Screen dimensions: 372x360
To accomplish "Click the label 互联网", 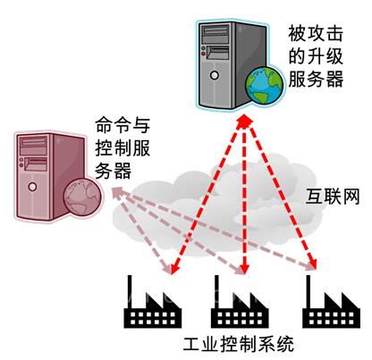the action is click(333, 197).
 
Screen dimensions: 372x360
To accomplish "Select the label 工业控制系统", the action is click(238, 344).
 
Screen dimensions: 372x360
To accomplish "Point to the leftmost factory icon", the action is click(152, 302).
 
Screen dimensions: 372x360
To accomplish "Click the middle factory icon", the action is click(240, 302).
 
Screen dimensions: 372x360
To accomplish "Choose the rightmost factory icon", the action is click(331, 302).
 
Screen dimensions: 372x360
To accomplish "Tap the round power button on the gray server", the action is click(215, 75).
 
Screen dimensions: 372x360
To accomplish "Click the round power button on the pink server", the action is click(32, 187).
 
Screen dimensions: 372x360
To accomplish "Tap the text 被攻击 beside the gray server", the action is click(316, 33).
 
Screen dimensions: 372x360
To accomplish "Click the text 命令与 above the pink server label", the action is click(123, 125).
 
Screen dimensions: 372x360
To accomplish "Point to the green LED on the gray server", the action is click(204, 48).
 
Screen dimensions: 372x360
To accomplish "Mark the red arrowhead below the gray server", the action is click(244, 121).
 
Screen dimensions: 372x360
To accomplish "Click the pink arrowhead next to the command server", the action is click(118, 192).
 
